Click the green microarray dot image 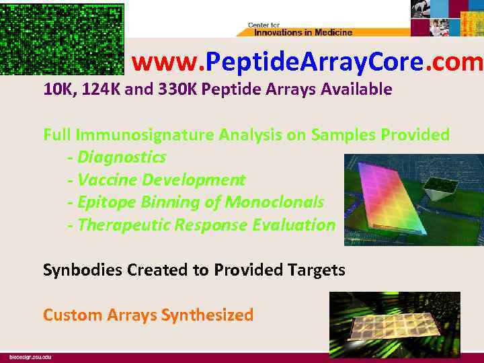pos(63,38)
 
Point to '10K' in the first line pos(58,89)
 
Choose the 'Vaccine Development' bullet pos(157,180)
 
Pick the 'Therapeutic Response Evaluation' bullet pos(201,225)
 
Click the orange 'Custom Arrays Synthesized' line pos(148,315)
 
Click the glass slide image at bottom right pos(395,325)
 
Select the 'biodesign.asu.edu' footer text pos(30,357)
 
